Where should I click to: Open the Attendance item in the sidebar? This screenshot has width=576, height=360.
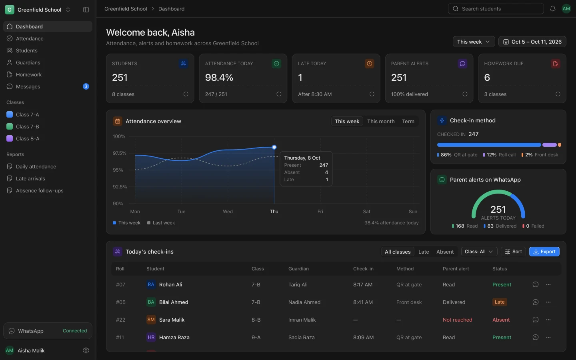pos(30,38)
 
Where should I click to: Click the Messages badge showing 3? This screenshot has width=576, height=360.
pos(86,86)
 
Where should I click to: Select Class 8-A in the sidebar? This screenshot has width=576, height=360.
pos(28,138)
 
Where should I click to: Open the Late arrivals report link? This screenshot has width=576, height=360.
pos(30,178)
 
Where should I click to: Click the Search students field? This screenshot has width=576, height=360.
pos(496,9)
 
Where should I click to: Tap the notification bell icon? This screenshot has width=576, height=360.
pos(553,9)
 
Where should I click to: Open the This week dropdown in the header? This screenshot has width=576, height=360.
pos(474,42)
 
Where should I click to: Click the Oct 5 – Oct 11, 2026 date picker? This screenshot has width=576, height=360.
pos(532,42)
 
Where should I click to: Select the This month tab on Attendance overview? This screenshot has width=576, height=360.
pos(381,121)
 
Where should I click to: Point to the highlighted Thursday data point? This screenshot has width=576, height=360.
pos(274,147)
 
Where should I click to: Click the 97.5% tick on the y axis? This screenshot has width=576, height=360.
pos(120,153)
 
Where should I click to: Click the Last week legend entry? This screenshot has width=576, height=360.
pos(161,223)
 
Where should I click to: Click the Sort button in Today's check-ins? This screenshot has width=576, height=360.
pos(513,252)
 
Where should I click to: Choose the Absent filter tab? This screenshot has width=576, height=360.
pos(445,252)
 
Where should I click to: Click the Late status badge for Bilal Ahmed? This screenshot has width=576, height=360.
pos(500,302)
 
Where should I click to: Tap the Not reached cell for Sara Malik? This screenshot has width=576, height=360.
pos(458,320)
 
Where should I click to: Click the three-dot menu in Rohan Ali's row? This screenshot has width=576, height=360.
pos(548,284)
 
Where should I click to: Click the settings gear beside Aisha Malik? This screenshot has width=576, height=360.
pos(86,350)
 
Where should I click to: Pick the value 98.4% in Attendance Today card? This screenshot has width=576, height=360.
pos(219,78)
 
